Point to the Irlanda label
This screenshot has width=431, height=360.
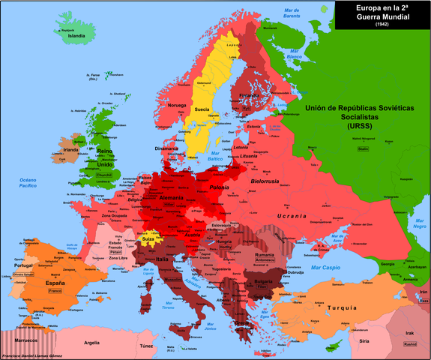71,150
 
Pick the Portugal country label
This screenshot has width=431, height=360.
22,265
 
